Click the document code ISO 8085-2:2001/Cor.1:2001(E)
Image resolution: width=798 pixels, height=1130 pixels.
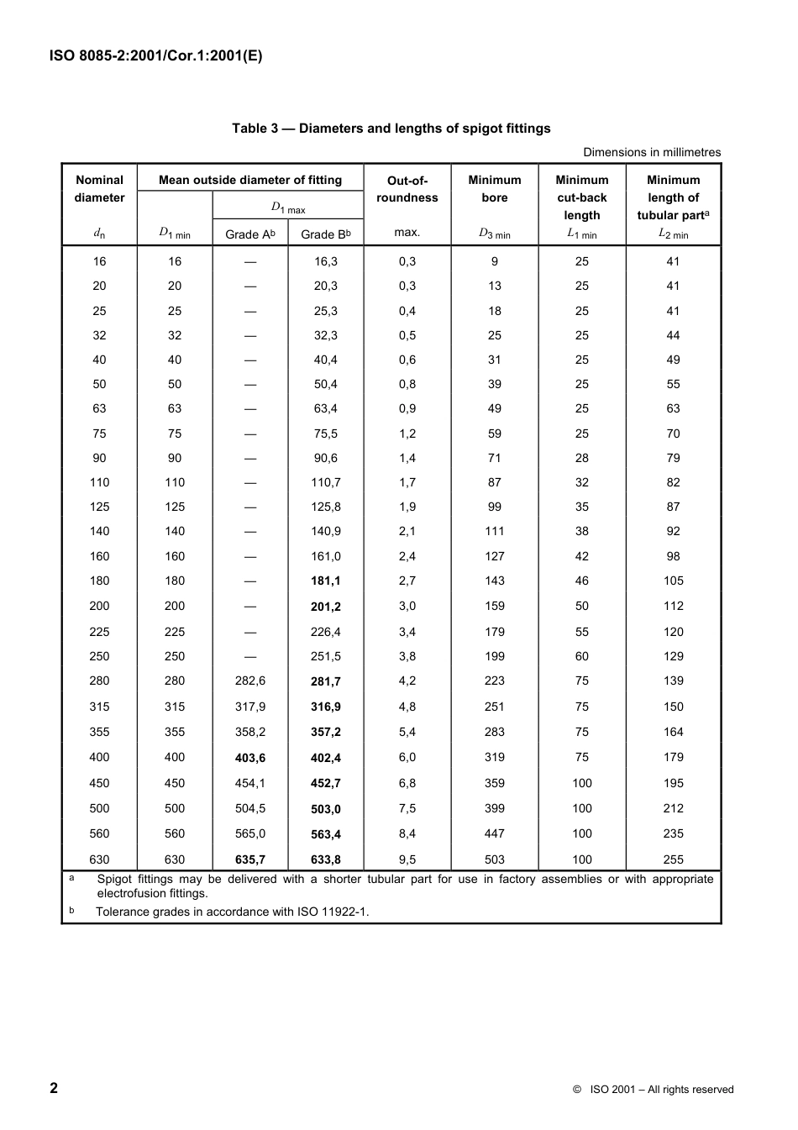(155, 56)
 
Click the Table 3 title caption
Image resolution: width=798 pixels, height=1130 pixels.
(391, 129)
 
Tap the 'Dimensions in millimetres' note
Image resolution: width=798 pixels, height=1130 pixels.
(652, 152)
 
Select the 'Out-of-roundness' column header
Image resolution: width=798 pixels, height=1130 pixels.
(407, 189)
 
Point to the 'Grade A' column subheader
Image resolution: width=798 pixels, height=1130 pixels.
(249, 234)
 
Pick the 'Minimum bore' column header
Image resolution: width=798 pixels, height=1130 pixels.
(495, 189)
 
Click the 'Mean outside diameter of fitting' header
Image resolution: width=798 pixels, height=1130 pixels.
(250, 180)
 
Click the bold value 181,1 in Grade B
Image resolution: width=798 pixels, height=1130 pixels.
(326, 581)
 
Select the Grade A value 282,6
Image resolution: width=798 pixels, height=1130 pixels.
(250, 681)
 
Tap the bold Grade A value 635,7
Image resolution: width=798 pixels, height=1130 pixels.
(250, 860)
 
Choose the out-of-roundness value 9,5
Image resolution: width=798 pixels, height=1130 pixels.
(407, 860)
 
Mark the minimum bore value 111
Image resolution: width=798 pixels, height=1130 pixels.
(495, 532)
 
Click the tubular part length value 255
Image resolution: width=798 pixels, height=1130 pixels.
(673, 860)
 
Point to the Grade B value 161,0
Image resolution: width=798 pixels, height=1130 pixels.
(326, 556)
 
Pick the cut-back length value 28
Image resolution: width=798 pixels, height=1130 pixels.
(582, 459)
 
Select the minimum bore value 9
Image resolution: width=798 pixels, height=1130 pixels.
(495, 262)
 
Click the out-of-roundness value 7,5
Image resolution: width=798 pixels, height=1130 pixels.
(407, 809)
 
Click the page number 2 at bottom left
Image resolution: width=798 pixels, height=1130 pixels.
(55, 1088)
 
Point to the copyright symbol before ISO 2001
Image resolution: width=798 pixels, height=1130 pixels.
(577, 1090)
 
